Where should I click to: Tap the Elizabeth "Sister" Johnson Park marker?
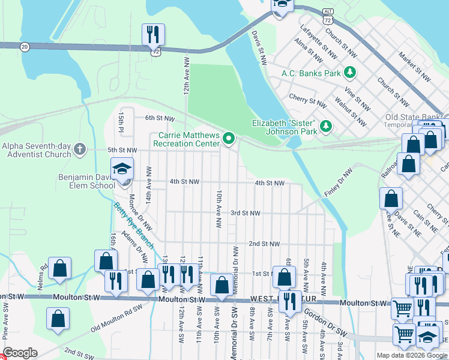pos(325,126)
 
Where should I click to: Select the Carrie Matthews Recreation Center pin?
pos(228,139)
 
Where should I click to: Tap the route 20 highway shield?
pos(24,46)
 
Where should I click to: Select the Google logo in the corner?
pos(20,352)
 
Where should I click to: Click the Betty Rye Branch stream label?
pos(133,226)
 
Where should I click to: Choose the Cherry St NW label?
pos(307,100)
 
